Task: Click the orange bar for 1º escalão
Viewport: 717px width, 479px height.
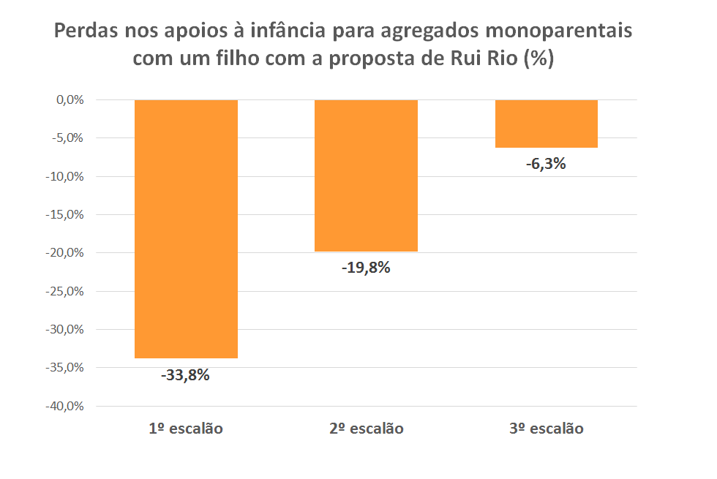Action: (186, 228)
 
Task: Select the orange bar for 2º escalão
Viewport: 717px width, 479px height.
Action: (366, 176)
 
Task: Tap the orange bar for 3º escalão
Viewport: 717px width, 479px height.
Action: (546, 124)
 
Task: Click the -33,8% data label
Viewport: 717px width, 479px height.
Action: (186, 375)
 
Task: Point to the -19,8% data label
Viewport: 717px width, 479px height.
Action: (366, 268)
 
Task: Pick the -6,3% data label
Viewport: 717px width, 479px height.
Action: (546, 164)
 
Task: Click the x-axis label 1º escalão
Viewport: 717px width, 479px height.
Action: (186, 429)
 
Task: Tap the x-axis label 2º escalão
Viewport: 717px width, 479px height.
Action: (366, 429)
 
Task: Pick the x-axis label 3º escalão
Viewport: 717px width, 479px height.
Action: (546, 429)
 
